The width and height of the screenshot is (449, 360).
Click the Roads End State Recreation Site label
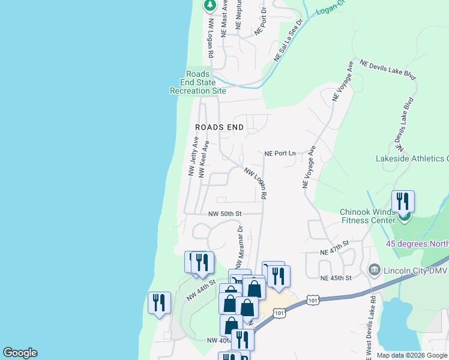[x=198, y=83]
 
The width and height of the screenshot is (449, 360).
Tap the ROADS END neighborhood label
[x=220, y=127]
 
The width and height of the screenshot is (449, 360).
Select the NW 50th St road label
[x=224, y=214]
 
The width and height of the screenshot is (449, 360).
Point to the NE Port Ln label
[x=280, y=154]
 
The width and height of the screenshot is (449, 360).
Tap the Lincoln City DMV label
[x=415, y=270]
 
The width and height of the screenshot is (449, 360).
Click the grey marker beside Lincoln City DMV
[x=375, y=269]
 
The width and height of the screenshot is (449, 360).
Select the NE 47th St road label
[x=335, y=246]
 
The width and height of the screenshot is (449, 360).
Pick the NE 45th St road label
[x=335, y=278]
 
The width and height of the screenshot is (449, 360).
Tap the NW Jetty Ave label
[x=193, y=156]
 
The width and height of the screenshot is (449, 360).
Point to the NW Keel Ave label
[x=203, y=160]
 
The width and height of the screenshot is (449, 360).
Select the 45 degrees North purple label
[x=417, y=244]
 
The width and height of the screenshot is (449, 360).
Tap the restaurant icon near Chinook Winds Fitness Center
[x=403, y=201]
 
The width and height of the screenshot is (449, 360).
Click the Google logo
[x=20, y=353]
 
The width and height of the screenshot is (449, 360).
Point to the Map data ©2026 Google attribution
[x=411, y=355]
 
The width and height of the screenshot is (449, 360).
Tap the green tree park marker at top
[x=209, y=5]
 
